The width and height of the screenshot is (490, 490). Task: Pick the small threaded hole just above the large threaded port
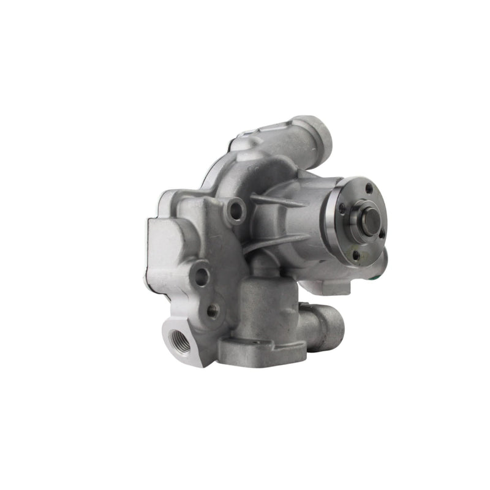[213, 311]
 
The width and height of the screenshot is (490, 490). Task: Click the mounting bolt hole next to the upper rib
[236, 210]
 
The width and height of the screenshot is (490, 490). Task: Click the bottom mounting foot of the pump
[263, 352]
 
